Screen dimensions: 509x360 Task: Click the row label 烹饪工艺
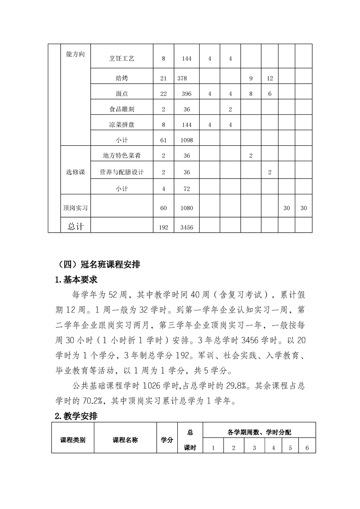point(122,58)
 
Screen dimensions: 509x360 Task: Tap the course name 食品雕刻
point(122,109)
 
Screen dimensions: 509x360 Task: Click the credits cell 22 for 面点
point(164,94)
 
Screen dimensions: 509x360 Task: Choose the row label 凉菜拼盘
point(122,125)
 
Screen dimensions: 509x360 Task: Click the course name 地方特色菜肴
point(122,156)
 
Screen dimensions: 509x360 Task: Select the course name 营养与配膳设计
point(122,172)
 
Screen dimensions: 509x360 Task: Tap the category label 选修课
point(76,172)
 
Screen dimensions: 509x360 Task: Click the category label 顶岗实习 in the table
point(76,208)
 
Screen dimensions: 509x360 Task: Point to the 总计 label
point(76,226)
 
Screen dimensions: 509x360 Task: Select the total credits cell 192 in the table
point(164,226)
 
